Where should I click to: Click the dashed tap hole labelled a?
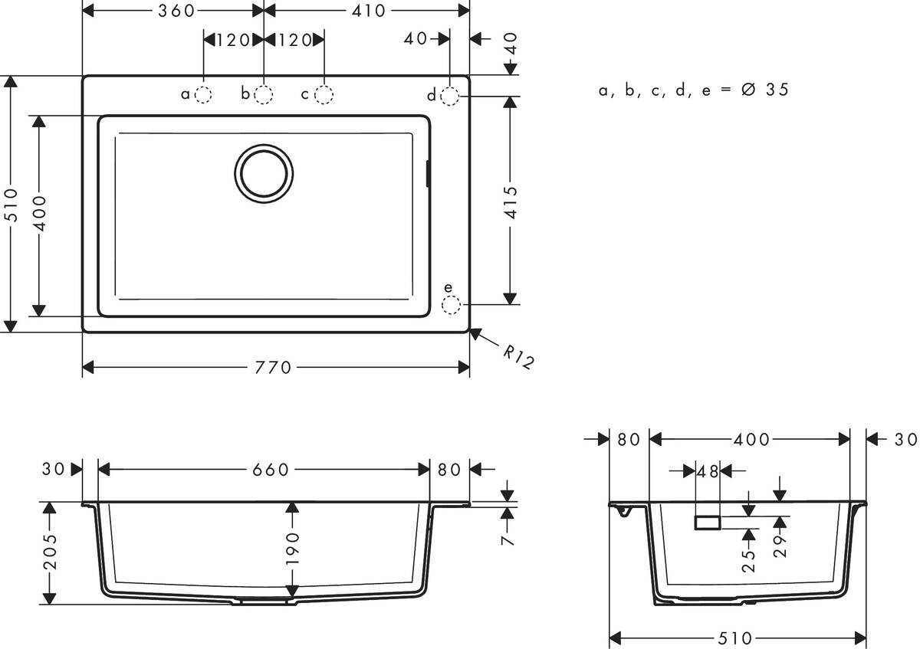coord(203,95)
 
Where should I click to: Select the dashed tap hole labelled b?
coord(264,95)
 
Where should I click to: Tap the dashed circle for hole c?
coord(324,95)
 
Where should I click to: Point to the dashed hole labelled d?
coord(450,96)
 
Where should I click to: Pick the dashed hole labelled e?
coord(450,306)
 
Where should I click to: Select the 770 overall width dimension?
coord(274,368)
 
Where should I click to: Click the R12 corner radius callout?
coord(518,357)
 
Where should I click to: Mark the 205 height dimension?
coord(50,553)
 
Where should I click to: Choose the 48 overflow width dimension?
coord(708,472)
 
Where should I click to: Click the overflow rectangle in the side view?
coord(707,523)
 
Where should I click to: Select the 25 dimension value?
coord(750,558)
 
